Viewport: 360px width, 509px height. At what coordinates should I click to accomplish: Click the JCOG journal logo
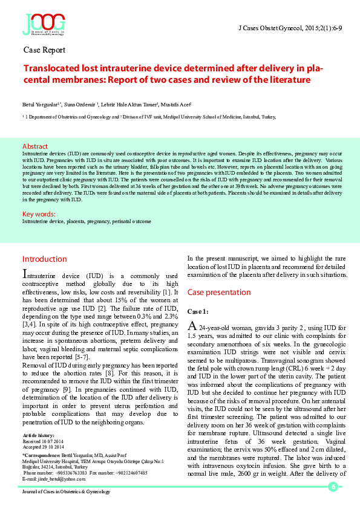[44, 24]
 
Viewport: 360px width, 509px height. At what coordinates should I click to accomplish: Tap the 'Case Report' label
[44, 50]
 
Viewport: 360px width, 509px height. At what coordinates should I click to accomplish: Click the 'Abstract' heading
[34, 146]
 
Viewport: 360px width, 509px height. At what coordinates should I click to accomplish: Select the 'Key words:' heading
[39, 214]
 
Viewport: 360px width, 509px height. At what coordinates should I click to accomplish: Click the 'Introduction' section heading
[45, 259]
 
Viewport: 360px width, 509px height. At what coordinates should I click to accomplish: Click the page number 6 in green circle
[332, 487]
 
